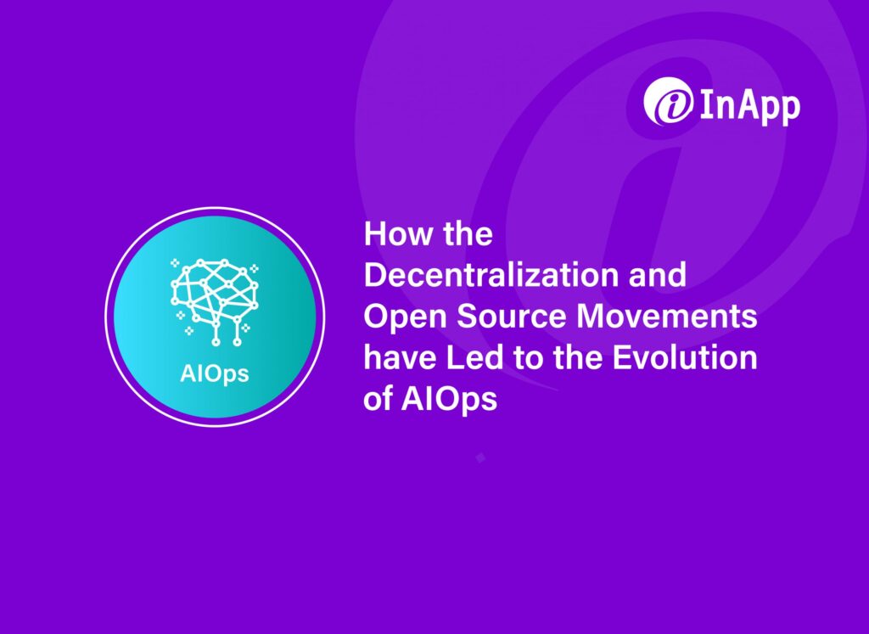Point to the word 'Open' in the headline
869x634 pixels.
[399, 317]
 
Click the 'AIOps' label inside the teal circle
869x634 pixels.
[215, 373]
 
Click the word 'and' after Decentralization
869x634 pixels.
[656, 275]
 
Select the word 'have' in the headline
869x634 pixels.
[396, 357]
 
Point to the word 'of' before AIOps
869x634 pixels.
[378, 398]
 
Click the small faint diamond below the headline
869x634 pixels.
[480, 457]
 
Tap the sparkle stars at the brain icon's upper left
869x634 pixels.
[176, 263]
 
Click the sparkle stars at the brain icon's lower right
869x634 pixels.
[245, 326]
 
